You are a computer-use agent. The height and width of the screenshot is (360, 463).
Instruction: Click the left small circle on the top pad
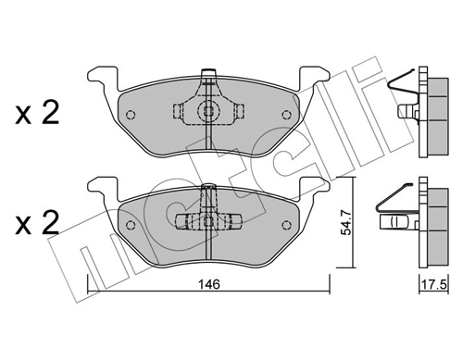point(131,117)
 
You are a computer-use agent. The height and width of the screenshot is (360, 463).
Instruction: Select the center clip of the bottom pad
point(208,221)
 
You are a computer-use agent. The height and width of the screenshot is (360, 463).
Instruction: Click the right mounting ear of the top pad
point(315,77)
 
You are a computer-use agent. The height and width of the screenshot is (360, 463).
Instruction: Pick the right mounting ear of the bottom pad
point(315,185)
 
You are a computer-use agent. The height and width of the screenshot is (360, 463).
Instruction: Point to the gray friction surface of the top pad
point(167,130)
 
